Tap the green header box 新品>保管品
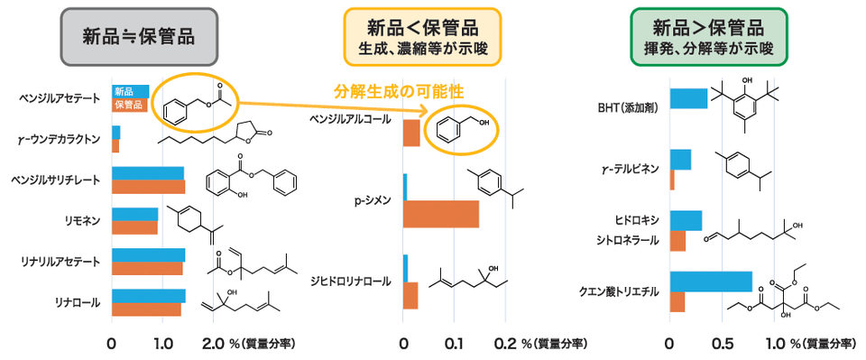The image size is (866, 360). (x=709, y=37)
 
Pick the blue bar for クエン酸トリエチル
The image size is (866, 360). (x=710, y=282)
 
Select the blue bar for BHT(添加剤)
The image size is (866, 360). (x=688, y=98)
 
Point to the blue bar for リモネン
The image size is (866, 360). (x=134, y=214)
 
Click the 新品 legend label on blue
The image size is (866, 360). (x=124, y=91)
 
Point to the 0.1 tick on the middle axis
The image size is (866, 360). (x=454, y=344)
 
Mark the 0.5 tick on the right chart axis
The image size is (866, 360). (x=722, y=344)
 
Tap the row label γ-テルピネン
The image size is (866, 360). (x=631, y=170)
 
